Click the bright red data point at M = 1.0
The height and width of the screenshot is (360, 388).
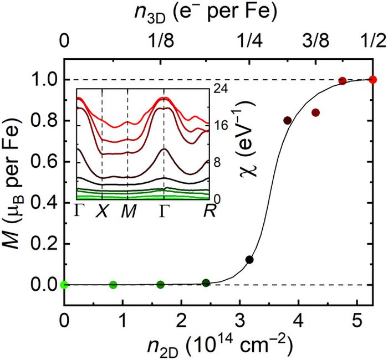pos(372,80)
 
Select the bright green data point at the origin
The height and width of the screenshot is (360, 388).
pos(64,285)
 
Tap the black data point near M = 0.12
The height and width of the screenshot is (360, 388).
pos(249,259)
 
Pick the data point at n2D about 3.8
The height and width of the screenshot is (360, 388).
pos(287,120)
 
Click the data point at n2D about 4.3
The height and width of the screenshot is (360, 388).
pos(315,112)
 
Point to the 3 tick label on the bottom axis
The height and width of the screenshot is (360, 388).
pos(240,321)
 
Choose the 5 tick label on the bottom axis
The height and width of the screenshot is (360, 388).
pos(357,321)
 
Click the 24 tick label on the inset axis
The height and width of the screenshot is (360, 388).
pos(221,88)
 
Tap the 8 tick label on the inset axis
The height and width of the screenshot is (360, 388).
pos(218,162)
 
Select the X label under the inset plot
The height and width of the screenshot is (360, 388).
pos(103,210)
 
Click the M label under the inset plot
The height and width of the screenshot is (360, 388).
pos(128,210)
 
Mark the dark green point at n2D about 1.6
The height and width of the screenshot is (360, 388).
pos(161,285)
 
